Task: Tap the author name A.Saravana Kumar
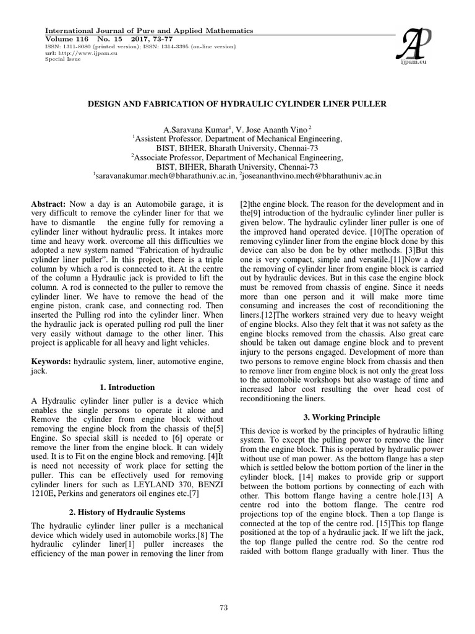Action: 187,130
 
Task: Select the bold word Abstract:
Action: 48,204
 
